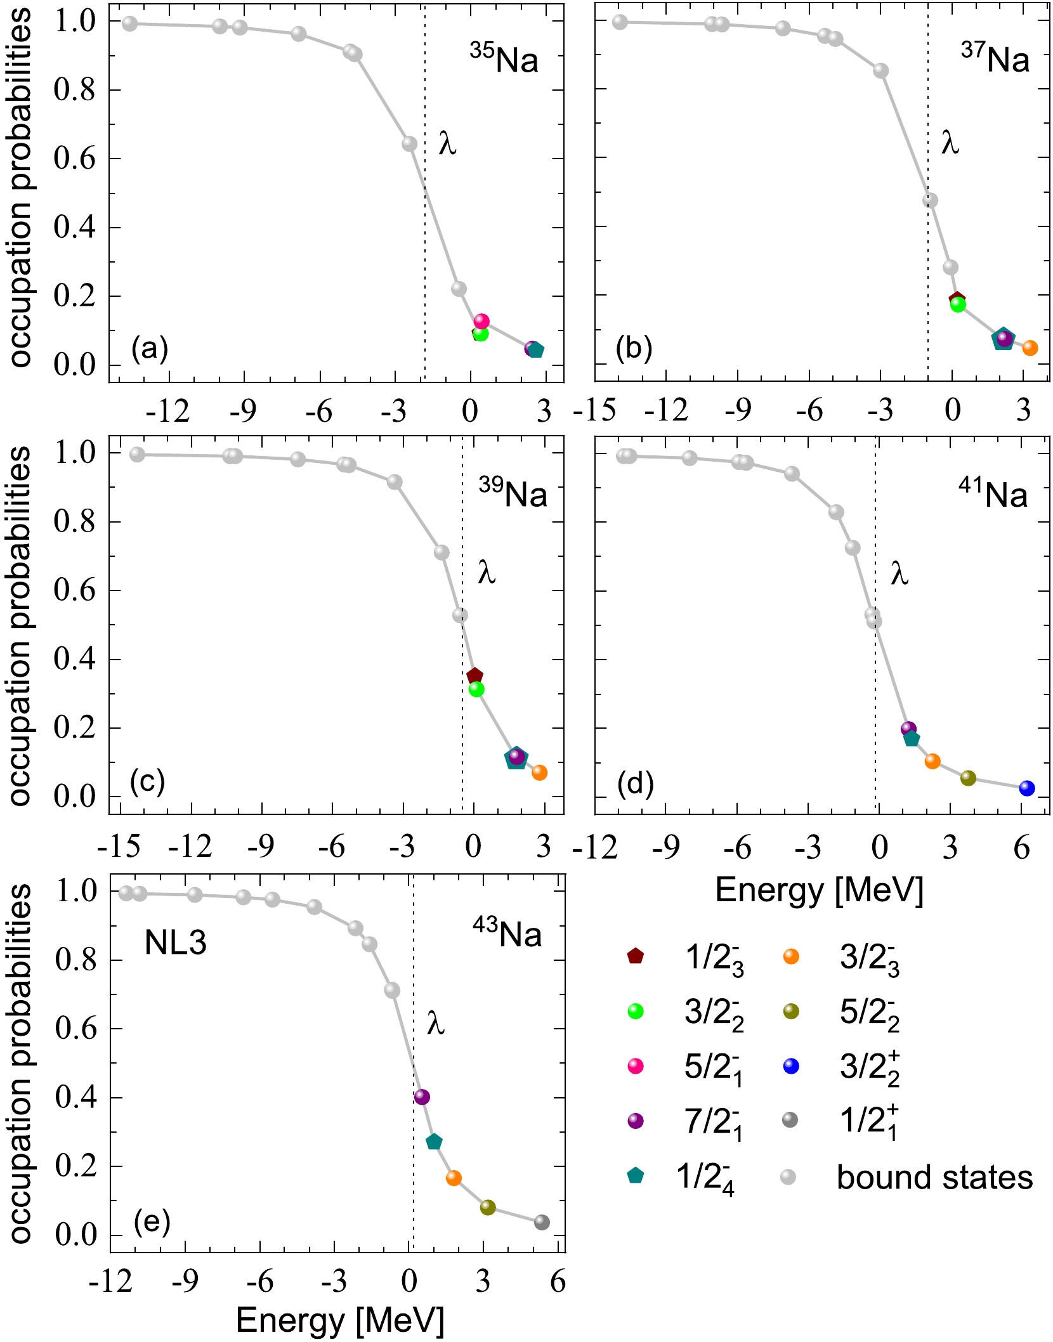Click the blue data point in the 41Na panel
(1026, 788)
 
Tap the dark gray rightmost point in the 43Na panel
(541, 1222)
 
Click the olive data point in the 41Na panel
(967, 778)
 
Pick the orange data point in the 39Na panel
(539, 772)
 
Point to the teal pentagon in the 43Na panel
(434, 1142)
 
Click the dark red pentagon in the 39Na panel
(474, 676)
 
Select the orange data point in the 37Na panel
(1030, 348)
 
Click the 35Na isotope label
(504, 60)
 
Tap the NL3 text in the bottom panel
(176, 943)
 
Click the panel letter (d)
(635, 784)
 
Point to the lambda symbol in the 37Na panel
(950, 143)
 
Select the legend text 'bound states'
(934, 1177)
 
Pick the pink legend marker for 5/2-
(635, 1067)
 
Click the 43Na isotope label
(507, 934)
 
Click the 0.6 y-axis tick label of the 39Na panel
(75, 590)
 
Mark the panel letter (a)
(150, 348)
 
